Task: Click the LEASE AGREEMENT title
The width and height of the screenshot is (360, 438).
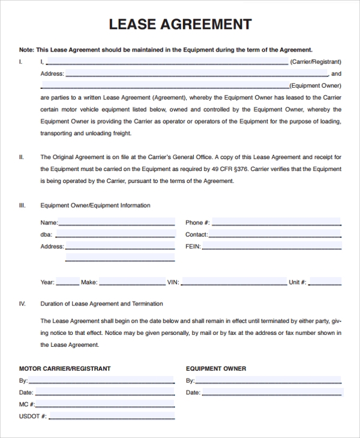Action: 180,25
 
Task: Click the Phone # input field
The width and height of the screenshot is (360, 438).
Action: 276,222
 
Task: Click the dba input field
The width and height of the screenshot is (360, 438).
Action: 115,234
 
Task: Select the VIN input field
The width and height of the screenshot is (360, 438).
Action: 233,281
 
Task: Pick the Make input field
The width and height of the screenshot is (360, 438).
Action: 132,281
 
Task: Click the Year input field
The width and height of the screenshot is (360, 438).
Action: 68,281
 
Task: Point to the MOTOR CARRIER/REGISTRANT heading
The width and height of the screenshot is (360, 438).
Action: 65,368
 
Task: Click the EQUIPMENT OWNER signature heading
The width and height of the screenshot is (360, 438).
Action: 216,368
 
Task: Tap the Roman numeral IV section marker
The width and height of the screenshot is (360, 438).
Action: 22,304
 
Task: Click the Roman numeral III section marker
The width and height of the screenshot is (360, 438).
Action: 22,205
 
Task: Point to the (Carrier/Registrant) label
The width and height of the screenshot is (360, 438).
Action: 316,62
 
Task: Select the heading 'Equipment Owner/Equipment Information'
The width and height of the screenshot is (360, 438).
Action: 95,205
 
